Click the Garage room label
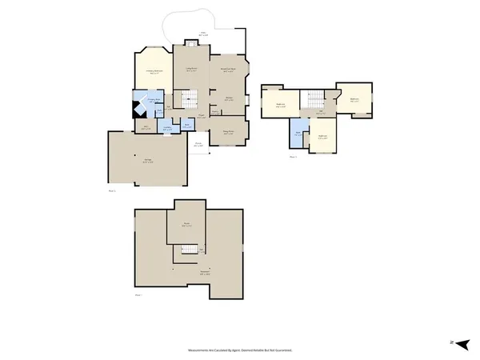(148, 160)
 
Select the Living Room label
(192, 70)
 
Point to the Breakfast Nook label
(227, 71)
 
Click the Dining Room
(228, 133)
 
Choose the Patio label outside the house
(202, 34)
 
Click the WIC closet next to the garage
(144, 128)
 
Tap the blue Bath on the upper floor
(298, 134)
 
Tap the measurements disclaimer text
(240, 350)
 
